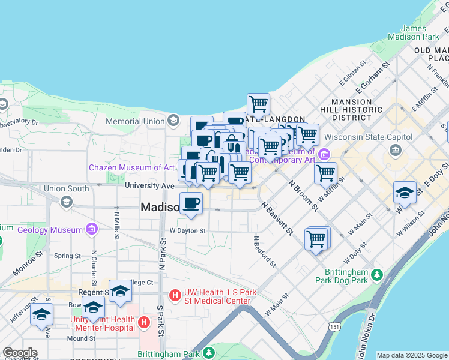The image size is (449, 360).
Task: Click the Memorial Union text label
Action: [134, 121]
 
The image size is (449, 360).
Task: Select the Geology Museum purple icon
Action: [91, 229]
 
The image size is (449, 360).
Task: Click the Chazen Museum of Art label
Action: [131, 167]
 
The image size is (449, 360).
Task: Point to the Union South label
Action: [66, 189]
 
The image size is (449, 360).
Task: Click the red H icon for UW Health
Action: [175, 295]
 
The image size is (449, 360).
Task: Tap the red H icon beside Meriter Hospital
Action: [144, 323]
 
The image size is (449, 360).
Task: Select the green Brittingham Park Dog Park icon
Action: [376, 275]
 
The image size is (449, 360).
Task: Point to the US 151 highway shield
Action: [334, 325]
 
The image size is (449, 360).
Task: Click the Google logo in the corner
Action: [20, 353]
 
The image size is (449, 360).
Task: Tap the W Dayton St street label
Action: [188, 230]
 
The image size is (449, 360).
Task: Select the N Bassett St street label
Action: [276, 218]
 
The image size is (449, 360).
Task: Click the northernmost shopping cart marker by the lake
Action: [258, 103]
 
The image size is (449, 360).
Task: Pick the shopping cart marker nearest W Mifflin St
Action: [325, 173]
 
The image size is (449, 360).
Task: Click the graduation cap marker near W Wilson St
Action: [405, 193]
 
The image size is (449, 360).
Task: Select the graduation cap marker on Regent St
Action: [120, 291]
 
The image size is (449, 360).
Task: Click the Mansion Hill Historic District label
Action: [356, 109]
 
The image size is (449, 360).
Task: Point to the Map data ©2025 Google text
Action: [411, 355]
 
